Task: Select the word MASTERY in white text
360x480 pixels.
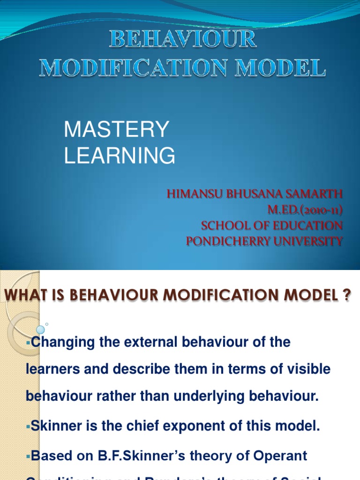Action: tap(116, 129)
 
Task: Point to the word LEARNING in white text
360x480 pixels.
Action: tap(120, 156)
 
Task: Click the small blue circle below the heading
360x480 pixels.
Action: tap(40, 330)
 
